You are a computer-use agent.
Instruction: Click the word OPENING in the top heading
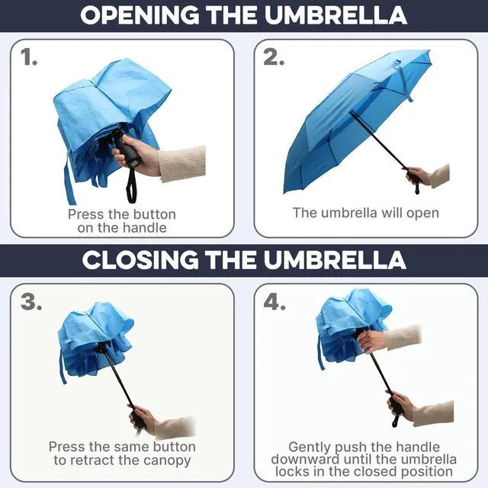pyautogui.click(x=140, y=15)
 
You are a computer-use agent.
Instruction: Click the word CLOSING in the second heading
pyautogui.click(x=140, y=260)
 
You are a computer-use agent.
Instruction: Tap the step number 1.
pyautogui.click(x=29, y=57)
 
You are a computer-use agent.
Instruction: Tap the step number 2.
pyautogui.click(x=274, y=57)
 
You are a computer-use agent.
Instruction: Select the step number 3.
pyautogui.click(x=31, y=302)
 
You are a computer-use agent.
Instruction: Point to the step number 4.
pyautogui.click(x=274, y=302)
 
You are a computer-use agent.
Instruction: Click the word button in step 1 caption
pyautogui.click(x=155, y=214)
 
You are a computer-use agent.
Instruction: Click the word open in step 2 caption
pyautogui.click(x=423, y=213)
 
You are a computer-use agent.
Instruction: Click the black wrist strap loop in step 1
pyautogui.click(x=131, y=185)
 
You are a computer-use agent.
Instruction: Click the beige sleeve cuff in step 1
pyautogui.click(x=182, y=164)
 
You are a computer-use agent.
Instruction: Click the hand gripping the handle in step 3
pyautogui.click(x=143, y=419)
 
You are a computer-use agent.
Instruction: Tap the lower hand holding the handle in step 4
pyautogui.click(x=400, y=406)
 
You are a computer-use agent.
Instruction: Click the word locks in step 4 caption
pyautogui.click(x=293, y=471)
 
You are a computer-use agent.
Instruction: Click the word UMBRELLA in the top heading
pyautogui.click(x=335, y=15)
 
